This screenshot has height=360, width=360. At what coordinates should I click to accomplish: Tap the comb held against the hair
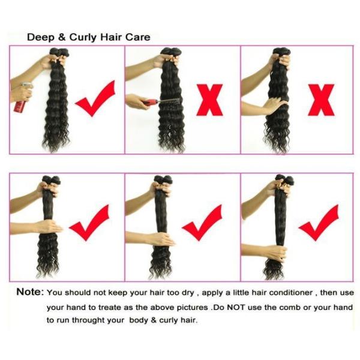[x=161, y=102]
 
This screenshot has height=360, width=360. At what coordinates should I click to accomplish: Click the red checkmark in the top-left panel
[x=96, y=99]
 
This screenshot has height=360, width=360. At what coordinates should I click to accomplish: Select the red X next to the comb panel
[x=209, y=100]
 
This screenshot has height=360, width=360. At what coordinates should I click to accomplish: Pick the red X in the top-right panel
[x=321, y=100]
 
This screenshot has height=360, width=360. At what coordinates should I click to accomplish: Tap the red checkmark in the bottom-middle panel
[x=203, y=223]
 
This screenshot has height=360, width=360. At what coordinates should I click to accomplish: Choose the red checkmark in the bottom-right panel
[x=319, y=223]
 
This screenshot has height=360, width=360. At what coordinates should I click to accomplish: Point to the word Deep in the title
[x=41, y=37]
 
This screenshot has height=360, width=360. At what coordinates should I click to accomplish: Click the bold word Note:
[x=30, y=292]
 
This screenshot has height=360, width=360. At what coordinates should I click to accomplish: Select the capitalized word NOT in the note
[x=236, y=307]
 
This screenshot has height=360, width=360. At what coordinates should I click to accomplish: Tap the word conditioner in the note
[x=291, y=293]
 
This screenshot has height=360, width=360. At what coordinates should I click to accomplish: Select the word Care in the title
[x=138, y=37]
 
